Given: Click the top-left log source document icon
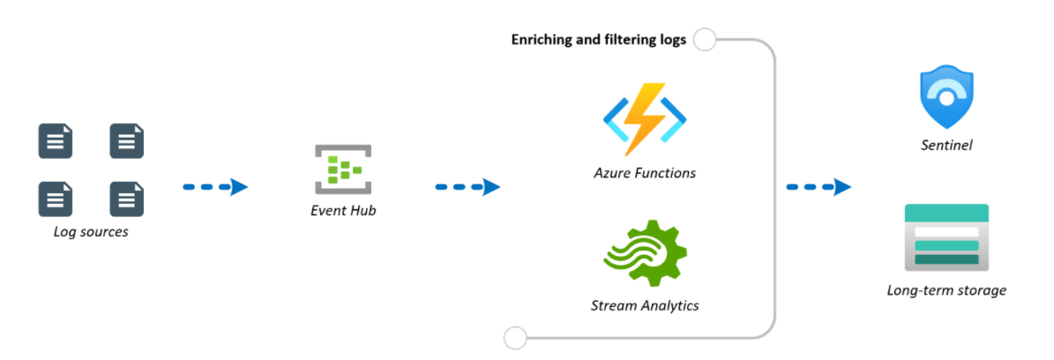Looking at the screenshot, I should pyautogui.click(x=55, y=141).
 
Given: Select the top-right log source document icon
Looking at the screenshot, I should pyautogui.click(x=126, y=141).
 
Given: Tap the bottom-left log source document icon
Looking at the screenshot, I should pyautogui.click(x=55, y=199).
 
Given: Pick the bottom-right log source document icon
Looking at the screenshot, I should pyautogui.click(x=126, y=199).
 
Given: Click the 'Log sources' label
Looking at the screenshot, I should pyautogui.click(x=91, y=232).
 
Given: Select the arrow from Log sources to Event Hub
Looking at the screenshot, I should pyautogui.click(x=215, y=187).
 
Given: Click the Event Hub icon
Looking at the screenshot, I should pyautogui.click(x=343, y=169).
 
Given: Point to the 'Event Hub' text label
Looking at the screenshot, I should pyautogui.click(x=343, y=211).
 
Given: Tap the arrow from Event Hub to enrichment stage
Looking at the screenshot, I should pyautogui.click(x=467, y=187).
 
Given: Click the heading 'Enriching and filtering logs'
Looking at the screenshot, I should pyautogui.click(x=599, y=41).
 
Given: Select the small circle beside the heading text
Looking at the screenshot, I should pyautogui.click(x=705, y=40).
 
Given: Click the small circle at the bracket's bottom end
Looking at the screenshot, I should pyautogui.click(x=514, y=337).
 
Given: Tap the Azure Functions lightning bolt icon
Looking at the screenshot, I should pyautogui.click(x=644, y=118).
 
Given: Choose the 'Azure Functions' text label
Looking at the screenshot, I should pyautogui.click(x=644, y=173).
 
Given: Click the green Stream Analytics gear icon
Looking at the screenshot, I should pyautogui.click(x=645, y=251).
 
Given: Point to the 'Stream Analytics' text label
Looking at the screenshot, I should pyautogui.click(x=644, y=305).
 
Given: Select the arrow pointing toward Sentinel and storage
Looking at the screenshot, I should pyautogui.click(x=819, y=187).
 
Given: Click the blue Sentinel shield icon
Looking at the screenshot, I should pyautogui.click(x=946, y=99).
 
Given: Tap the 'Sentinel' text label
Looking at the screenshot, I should pyautogui.click(x=946, y=145).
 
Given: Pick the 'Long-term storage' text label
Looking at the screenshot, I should pyautogui.click(x=946, y=289).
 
